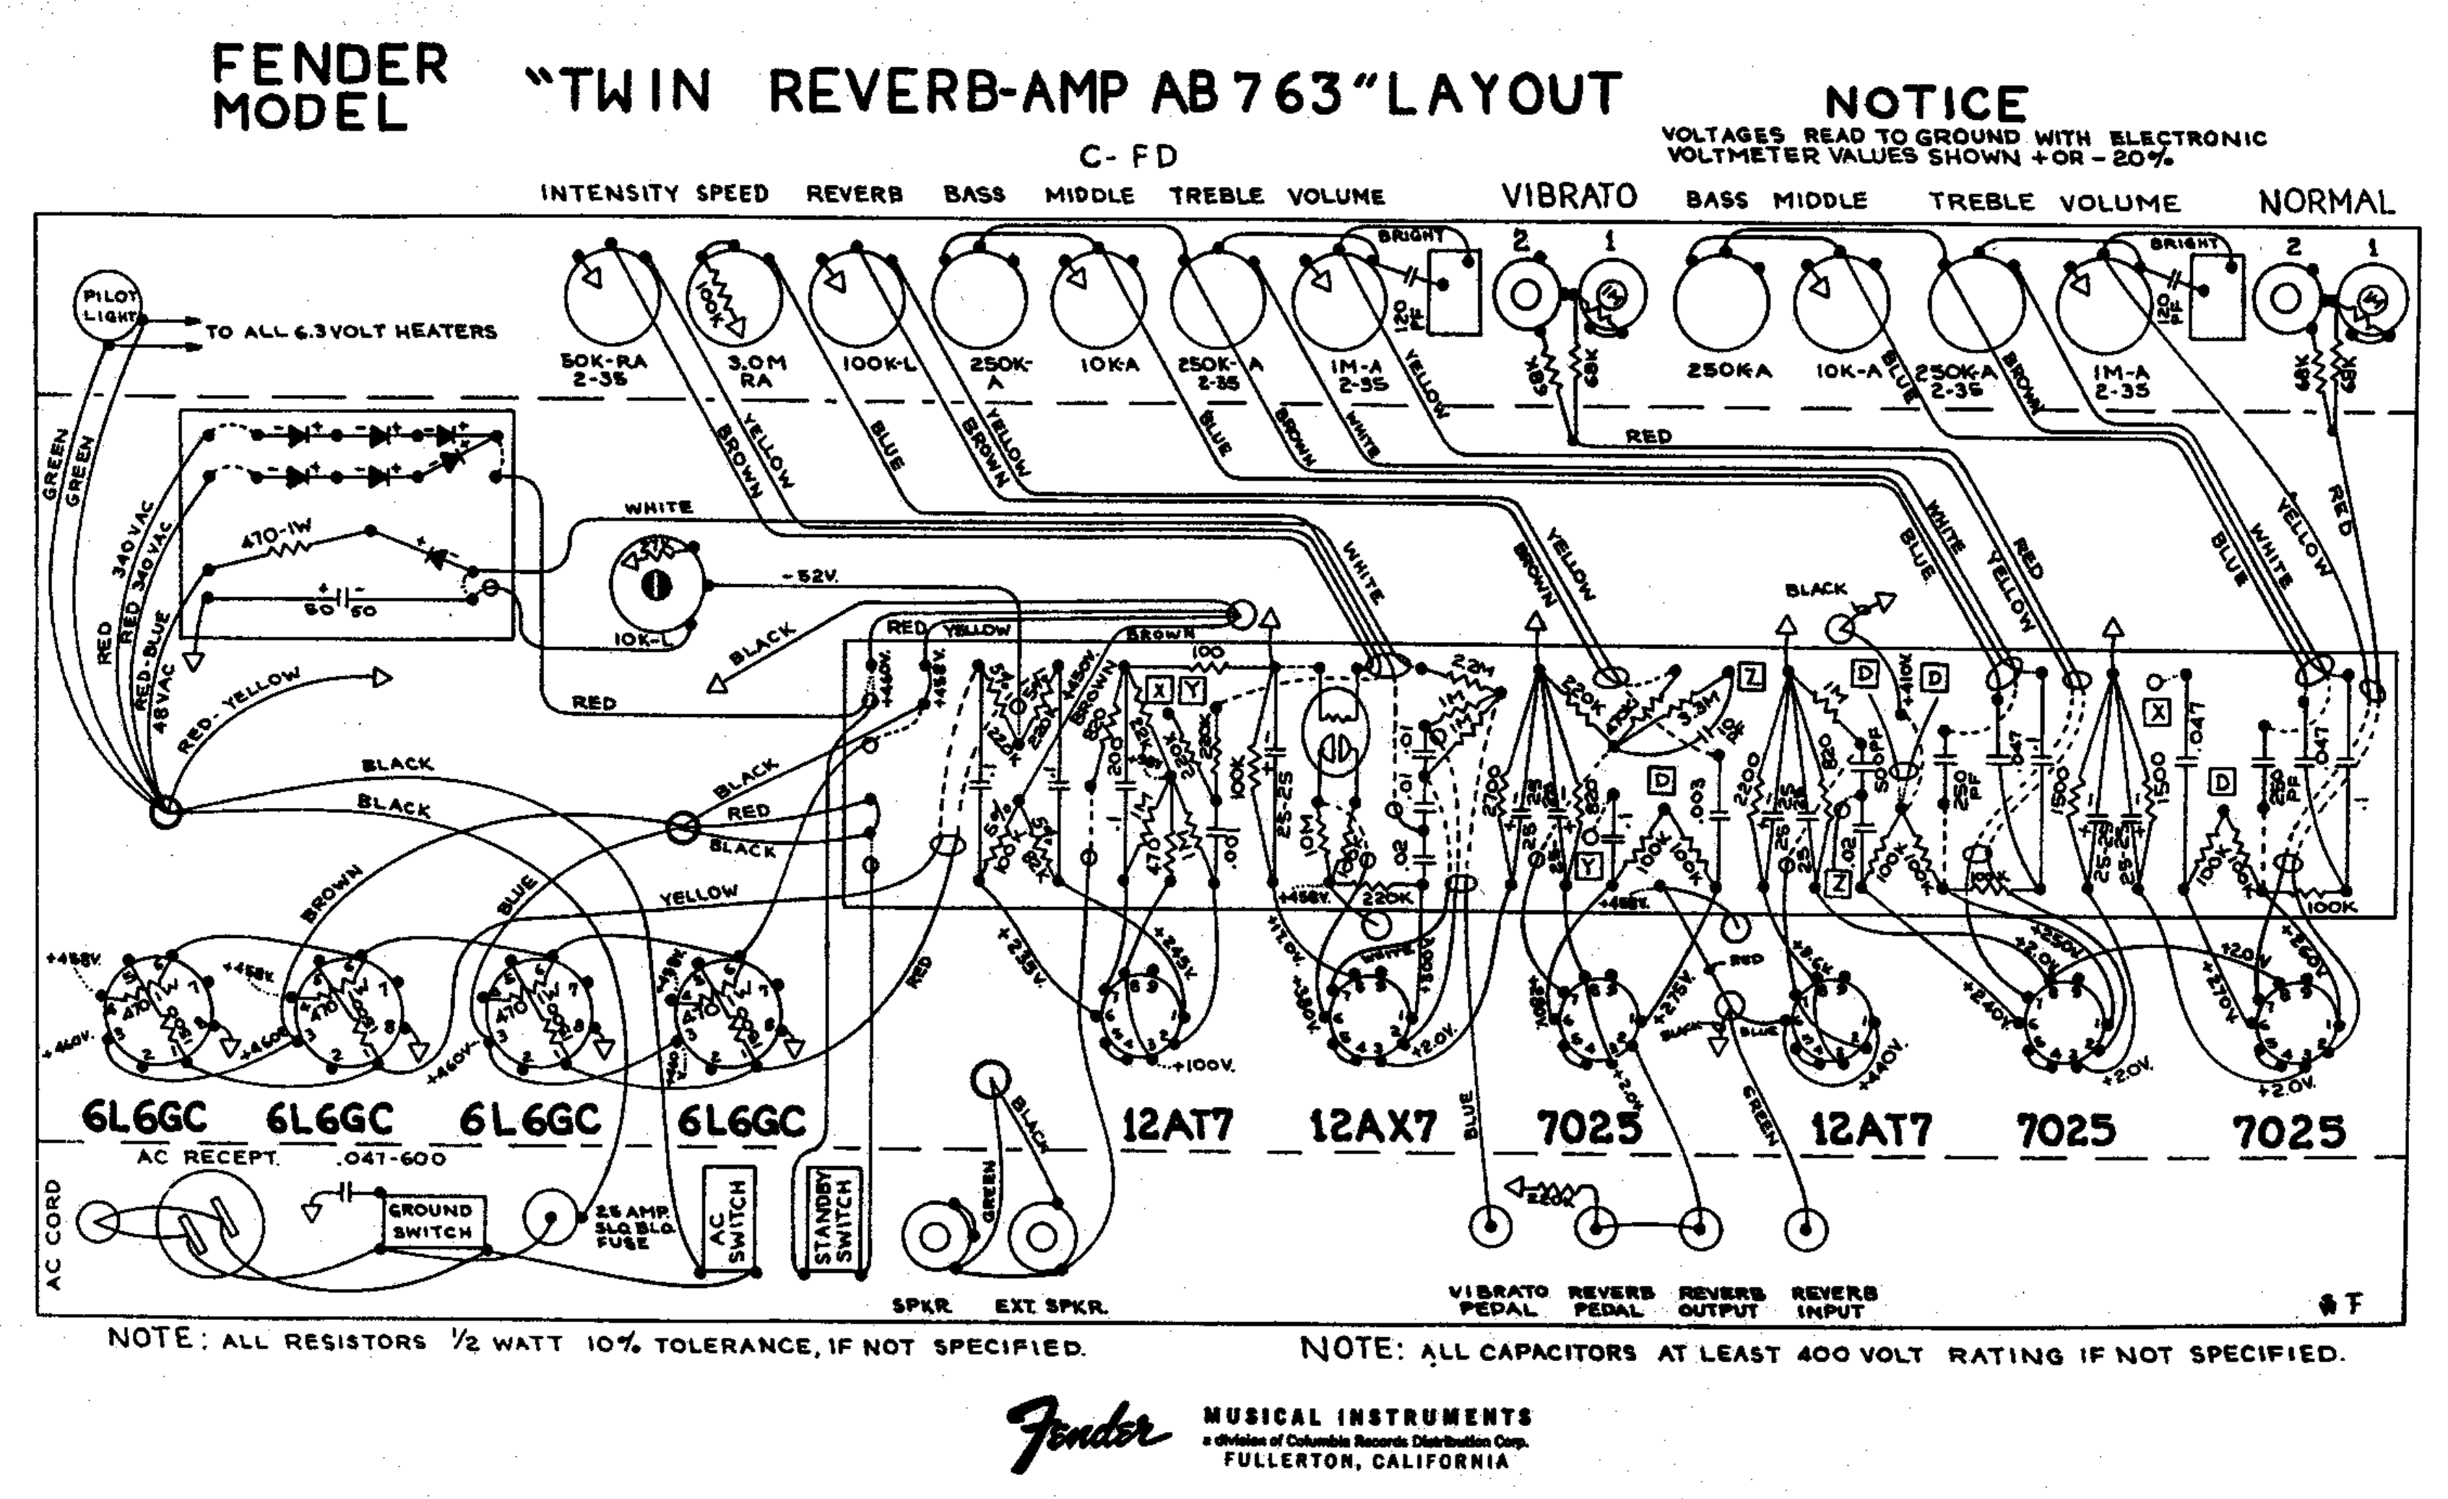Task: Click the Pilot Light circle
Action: (108, 306)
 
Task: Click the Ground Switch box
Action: (431, 1222)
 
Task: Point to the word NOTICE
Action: (1926, 103)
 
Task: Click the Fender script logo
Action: (1088, 1433)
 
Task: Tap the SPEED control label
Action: (732, 194)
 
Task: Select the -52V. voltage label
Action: (810, 575)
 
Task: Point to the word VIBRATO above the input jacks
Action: (1569, 196)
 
